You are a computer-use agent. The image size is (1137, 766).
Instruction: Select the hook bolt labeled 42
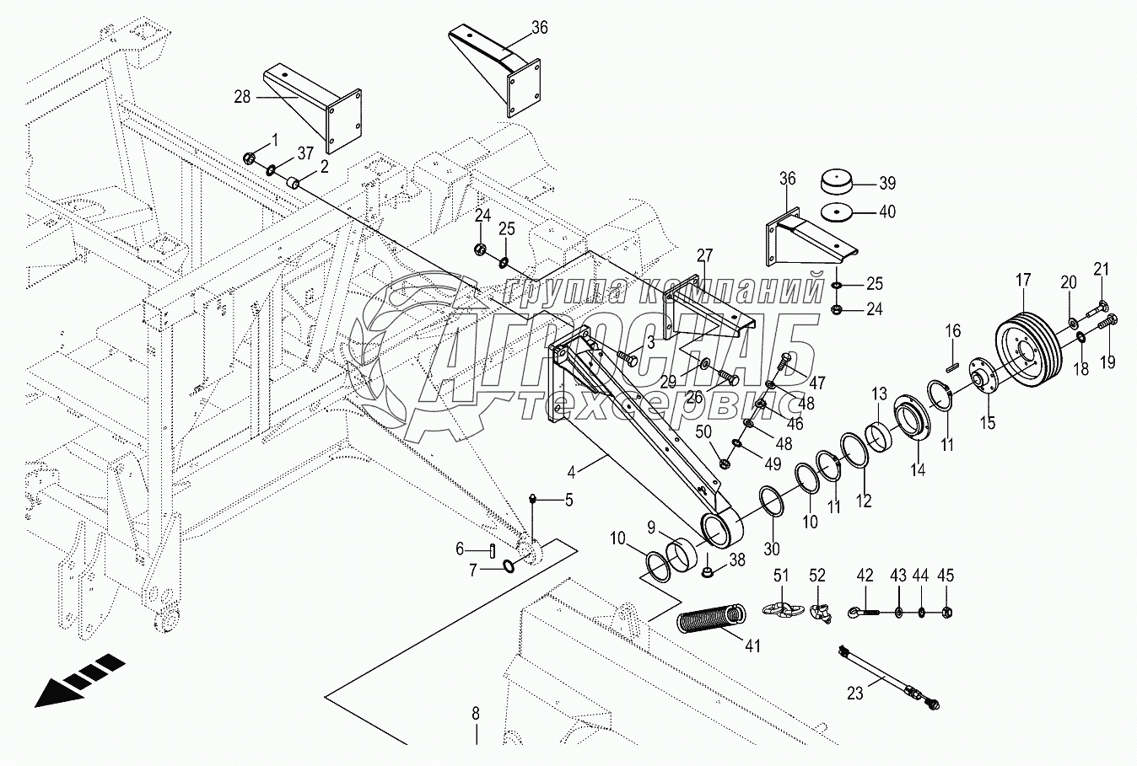tap(865, 609)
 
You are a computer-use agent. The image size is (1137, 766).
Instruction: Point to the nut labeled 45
tap(946, 610)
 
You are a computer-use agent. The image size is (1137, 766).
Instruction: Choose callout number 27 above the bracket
tap(704, 255)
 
